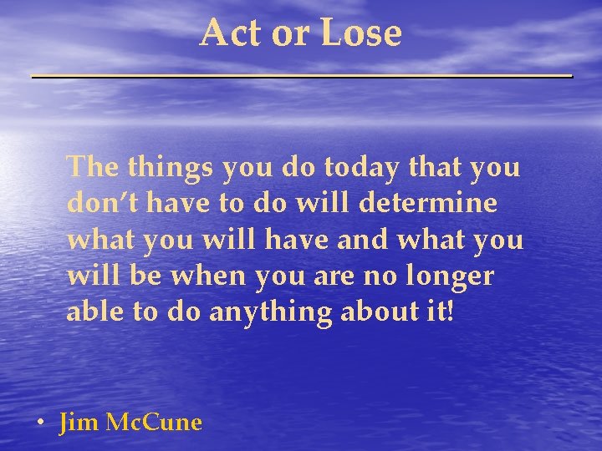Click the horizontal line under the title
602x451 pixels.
tap(301, 76)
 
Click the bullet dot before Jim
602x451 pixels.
tap(40, 423)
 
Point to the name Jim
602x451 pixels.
tap(79, 423)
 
